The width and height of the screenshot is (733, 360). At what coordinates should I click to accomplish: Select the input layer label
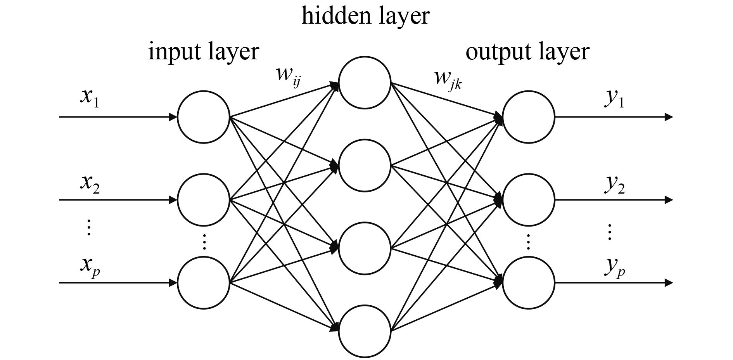pos(203,52)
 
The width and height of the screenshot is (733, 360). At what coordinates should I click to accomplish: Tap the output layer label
pos(527,52)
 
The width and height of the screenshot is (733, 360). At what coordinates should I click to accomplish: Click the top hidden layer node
pos(365,83)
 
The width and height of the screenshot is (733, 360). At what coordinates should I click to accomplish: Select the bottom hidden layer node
pos(365,331)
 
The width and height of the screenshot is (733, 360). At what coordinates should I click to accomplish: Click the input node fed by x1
pos(204,117)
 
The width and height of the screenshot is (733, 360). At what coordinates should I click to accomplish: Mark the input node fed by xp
pos(204,283)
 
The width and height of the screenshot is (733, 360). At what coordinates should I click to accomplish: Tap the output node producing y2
pos(529,200)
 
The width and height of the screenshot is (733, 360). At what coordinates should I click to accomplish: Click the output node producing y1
pos(529,117)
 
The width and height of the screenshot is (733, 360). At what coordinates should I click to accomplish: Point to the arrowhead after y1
pos(668,117)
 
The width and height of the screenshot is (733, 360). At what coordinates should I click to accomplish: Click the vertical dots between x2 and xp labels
pos(89,227)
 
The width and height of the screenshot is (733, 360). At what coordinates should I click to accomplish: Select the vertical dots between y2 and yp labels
pos(609,232)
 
